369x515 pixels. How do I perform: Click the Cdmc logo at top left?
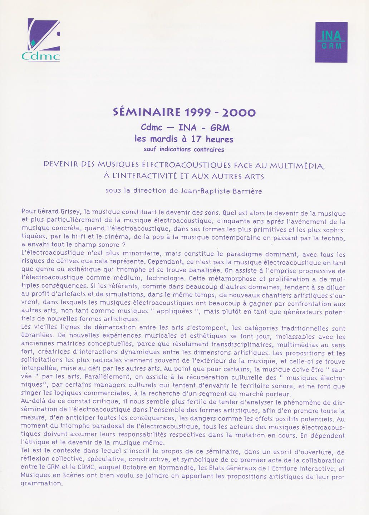pos(41,40)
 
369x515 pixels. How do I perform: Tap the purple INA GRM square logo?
pos(331,42)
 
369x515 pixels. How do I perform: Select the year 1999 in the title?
pos(198,113)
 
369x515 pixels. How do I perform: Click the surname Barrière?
pos(247,191)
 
